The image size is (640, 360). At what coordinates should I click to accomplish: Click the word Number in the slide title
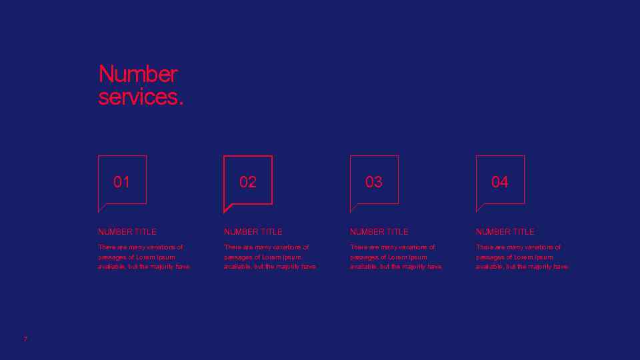tap(138, 74)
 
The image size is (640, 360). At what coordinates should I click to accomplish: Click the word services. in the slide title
tap(140, 97)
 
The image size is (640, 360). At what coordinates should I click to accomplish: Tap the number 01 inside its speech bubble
tap(121, 182)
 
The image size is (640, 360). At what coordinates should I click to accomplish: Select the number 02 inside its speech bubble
tap(247, 182)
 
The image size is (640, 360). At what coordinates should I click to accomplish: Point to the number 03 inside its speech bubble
tap(373, 182)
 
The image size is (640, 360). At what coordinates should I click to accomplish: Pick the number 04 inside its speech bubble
tap(499, 182)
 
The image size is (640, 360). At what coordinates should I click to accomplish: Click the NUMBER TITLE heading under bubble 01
tap(127, 232)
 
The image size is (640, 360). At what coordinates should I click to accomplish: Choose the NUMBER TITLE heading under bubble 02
tap(253, 232)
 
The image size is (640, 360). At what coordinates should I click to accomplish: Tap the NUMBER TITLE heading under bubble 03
tap(379, 232)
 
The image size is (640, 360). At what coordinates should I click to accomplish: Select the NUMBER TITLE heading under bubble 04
tap(505, 232)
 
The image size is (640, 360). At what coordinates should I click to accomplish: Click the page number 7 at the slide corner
tap(25, 339)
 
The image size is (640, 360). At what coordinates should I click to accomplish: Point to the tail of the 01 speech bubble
tap(102, 208)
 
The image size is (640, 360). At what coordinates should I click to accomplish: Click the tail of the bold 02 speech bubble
tap(228, 208)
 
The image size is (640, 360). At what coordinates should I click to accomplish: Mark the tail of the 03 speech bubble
tap(354, 208)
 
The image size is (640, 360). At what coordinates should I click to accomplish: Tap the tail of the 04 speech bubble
tap(480, 208)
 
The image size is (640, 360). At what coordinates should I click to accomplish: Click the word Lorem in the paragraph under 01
tap(146, 257)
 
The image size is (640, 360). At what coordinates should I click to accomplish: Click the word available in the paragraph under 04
tap(489, 267)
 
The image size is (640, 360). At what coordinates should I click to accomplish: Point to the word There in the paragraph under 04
tap(484, 247)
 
